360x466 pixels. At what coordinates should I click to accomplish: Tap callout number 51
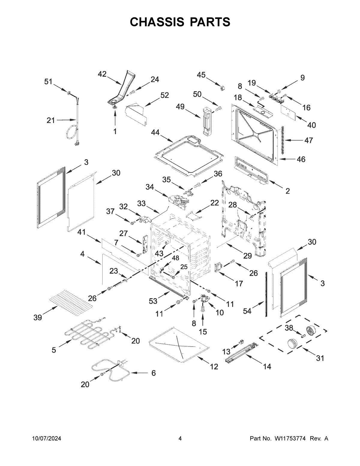tap(48, 82)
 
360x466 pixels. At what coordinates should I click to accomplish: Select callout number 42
tap(102, 74)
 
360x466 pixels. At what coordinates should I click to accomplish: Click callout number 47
tap(309, 140)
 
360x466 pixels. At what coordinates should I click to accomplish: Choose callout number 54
tap(247, 311)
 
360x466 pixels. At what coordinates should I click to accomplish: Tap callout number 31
tap(320, 358)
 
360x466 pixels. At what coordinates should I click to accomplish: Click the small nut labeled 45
tap(222, 87)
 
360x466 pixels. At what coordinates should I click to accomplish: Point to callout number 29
tap(247, 256)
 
